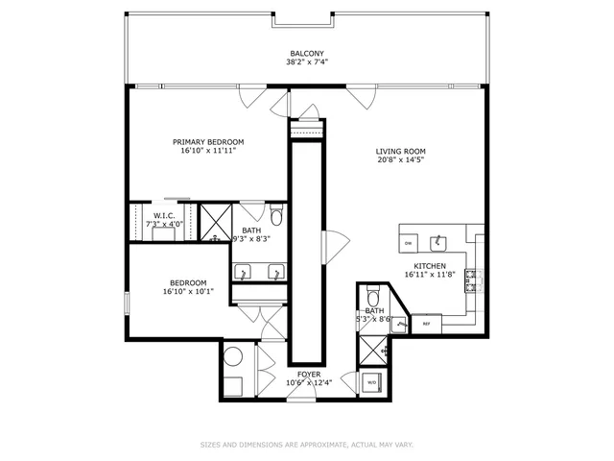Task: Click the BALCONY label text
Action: pyautogui.click(x=307, y=53)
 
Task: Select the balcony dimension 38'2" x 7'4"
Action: pyautogui.click(x=307, y=62)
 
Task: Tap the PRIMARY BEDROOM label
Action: pyautogui.click(x=208, y=141)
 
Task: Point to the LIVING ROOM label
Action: pyautogui.click(x=400, y=151)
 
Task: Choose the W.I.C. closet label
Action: pyautogui.click(x=162, y=215)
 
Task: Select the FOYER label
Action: pyautogui.click(x=309, y=375)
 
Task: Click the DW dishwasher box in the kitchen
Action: pyautogui.click(x=408, y=244)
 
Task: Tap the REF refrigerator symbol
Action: pyautogui.click(x=427, y=325)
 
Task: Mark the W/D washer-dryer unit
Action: pyautogui.click(x=372, y=382)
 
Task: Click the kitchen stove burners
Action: pyautogui.click(x=472, y=279)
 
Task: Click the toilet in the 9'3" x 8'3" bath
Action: pyautogui.click(x=276, y=213)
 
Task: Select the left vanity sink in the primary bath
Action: pyautogui.click(x=244, y=271)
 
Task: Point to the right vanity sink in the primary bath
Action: pyautogui.click(x=277, y=271)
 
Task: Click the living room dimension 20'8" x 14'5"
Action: pyautogui.click(x=400, y=160)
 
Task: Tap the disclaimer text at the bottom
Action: pyautogui.click(x=307, y=445)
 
